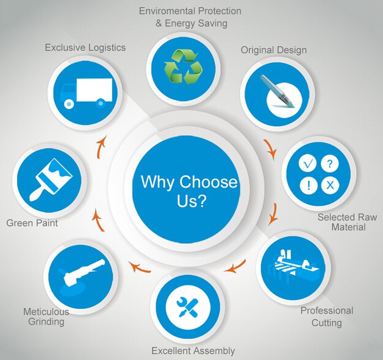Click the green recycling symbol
[184, 68]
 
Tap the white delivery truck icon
[86, 93]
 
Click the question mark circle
[330, 163]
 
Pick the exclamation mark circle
[309, 185]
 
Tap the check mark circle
[308, 163]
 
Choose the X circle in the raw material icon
[330, 185]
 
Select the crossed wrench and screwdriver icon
[188, 306]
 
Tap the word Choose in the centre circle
[209, 182]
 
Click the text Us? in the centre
[191, 201]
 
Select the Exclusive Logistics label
[85, 48]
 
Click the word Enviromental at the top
[167, 11]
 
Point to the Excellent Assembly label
[193, 351]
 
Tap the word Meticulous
[46, 312]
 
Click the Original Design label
[274, 50]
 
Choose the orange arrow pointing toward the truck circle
[101, 147]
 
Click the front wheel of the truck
[69, 104]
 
